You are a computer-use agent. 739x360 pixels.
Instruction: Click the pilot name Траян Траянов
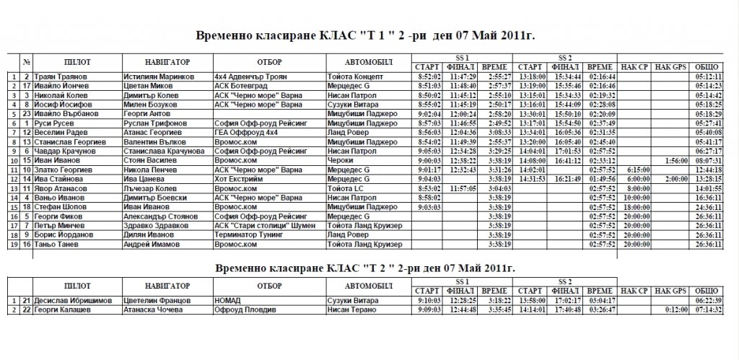point(61,76)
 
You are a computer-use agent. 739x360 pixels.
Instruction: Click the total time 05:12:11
point(709,76)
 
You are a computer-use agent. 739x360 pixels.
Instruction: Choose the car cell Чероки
point(339,161)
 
